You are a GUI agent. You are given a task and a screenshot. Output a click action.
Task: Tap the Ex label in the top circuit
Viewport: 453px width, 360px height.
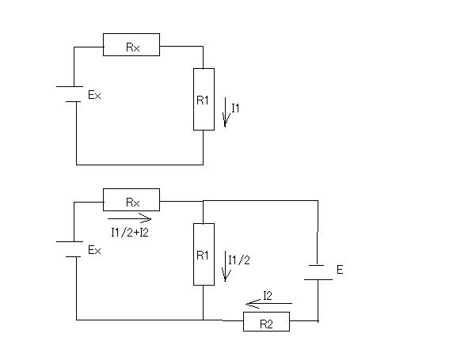tap(94, 95)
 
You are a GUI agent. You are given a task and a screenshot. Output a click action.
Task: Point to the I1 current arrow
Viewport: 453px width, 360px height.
tap(226, 112)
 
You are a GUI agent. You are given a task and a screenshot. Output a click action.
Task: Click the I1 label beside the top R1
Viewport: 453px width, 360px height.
tap(235, 108)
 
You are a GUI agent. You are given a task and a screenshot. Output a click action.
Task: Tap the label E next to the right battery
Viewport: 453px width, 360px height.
tap(340, 270)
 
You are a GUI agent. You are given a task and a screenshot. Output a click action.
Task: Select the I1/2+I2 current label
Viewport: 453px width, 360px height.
tap(130, 233)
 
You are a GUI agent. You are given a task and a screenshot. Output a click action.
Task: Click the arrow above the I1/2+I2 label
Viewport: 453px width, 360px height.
tap(129, 219)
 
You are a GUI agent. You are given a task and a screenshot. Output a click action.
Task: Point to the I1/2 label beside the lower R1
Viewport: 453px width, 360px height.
tap(239, 260)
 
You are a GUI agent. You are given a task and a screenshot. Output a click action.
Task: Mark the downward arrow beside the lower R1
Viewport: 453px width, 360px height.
tap(226, 266)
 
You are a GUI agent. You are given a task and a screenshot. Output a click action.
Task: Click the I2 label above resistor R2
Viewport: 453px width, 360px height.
tap(268, 296)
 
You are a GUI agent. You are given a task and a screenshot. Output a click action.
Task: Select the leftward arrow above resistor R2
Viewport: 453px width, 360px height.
tap(269, 304)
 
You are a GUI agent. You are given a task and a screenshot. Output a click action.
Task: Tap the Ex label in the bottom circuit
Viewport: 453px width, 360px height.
tap(94, 250)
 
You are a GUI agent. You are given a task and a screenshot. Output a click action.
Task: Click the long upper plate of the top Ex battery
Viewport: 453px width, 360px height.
tap(70, 86)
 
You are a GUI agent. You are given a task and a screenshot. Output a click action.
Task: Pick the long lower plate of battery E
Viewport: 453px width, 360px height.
tap(318, 279)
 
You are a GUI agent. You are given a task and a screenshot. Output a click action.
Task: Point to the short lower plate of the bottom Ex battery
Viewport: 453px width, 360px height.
tap(73, 256)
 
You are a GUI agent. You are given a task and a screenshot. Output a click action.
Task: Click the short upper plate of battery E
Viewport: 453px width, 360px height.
tap(316, 265)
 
